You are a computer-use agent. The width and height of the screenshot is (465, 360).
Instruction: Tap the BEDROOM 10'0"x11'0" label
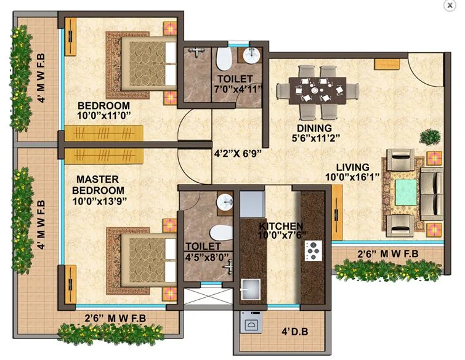(103, 110)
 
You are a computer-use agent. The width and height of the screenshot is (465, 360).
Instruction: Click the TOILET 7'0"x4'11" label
(234, 84)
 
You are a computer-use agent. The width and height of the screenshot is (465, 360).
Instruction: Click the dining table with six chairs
(315, 90)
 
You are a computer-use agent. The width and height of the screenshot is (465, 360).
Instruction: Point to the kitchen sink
(250, 288)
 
